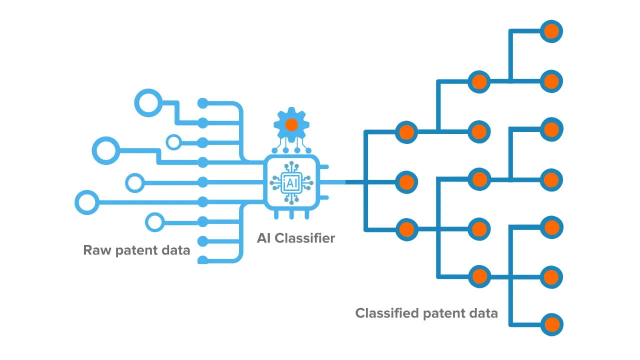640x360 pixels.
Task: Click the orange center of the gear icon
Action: pyautogui.click(x=291, y=124)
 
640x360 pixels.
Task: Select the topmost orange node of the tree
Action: pyautogui.click(x=551, y=31)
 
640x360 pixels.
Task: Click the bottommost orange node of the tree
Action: pyautogui.click(x=551, y=324)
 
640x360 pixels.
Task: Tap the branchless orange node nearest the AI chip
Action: pyautogui.click(x=407, y=181)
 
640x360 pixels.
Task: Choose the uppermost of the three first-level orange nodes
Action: pyautogui.click(x=407, y=132)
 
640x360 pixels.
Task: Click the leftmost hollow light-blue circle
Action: pyautogui.click(x=87, y=202)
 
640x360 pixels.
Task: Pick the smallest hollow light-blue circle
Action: pyautogui.click(x=173, y=142)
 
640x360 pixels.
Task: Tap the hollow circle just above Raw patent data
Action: pyautogui.click(x=154, y=221)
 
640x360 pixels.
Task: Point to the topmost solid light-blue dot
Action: pyautogui.click(x=202, y=103)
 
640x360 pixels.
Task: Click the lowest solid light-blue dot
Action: pyautogui.click(x=202, y=260)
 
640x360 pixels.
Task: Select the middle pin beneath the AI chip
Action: pyautogui.click(x=292, y=214)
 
